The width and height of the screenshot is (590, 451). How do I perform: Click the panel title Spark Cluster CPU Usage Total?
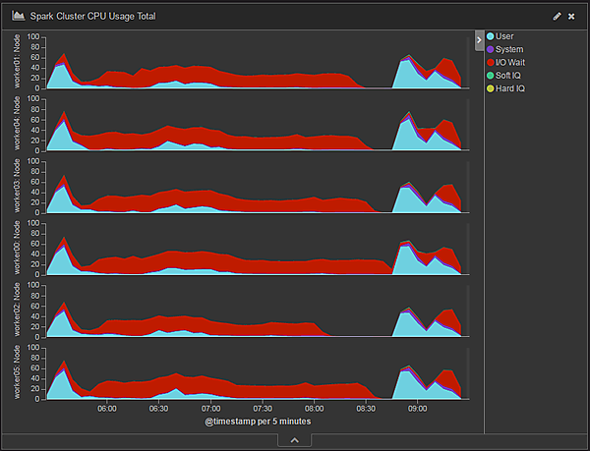click(x=91, y=17)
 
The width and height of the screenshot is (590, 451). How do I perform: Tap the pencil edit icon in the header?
click(x=558, y=17)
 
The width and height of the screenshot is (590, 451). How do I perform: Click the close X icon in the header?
click(x=571, y=17)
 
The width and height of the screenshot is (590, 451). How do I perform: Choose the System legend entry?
click(x=508, y=49)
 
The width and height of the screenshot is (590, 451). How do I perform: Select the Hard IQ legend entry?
click(x=510, y=87)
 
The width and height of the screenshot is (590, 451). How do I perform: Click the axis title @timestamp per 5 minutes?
click(x=259, y=422)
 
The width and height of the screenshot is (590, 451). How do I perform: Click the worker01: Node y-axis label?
click(x=17, y=62)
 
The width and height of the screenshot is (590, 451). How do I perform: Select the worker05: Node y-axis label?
click(x=17, y=372)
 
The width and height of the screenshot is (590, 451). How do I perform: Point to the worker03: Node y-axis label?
click(x=17, y=187)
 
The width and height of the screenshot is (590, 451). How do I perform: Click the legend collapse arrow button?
click(x=479, y=40)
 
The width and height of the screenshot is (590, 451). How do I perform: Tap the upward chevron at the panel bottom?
click(x=294, y=441)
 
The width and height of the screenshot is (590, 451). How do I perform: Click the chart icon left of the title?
click(x=18, y=17)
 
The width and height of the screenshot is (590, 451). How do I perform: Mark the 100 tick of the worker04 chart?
click(x=33, y=99)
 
